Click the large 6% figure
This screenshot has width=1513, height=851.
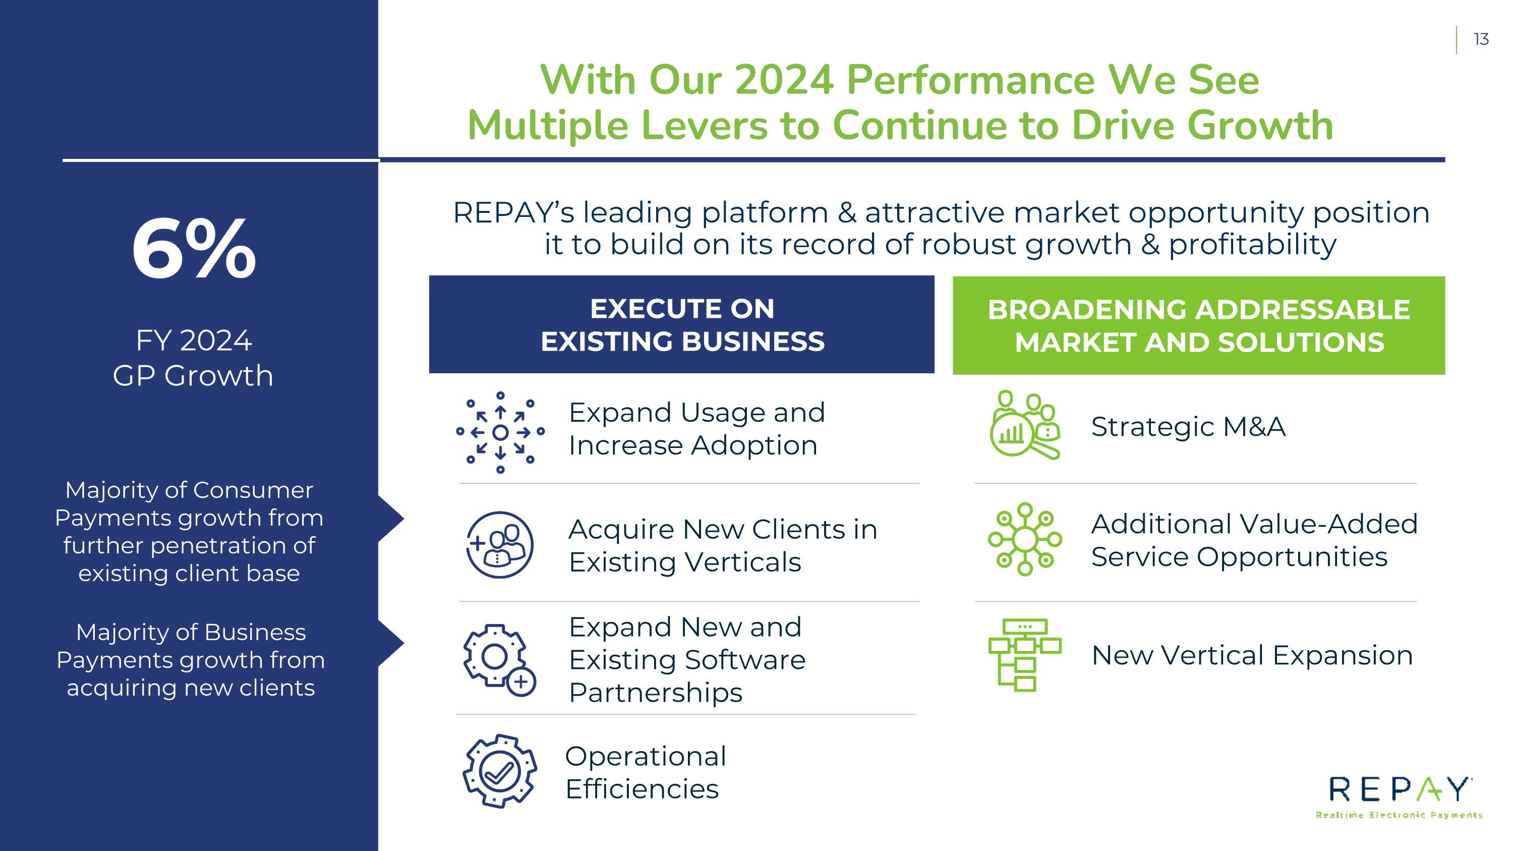pyautogui.click(x=194, y=249)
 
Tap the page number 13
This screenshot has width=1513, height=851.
pyautogui.click(x=1481, y=39)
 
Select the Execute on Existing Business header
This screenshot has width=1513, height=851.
pyautogui.click(x=681, y=324)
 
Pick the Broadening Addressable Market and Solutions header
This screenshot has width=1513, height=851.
pyautogui.click(x=1198, y=325)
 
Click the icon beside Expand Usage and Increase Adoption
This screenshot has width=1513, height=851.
pyautogui.click(x=500, y=432)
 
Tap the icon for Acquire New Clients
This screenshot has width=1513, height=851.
pyautogui.click(x=500, y=544)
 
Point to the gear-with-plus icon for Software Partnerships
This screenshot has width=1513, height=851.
pyautogui.click(x=499, y=660)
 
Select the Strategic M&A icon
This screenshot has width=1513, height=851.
pyautogui.click(x=1025, y=425)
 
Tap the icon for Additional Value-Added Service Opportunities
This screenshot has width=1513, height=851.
pyautogui.click(x=1025, y=539)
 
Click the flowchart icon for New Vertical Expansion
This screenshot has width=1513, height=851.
pyautogui.click(x=1025, y=655)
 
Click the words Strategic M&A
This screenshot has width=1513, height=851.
pyautogui.click(x=1188, y=426)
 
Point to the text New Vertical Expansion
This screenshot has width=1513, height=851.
pyautogui.click(x=1252, y=655)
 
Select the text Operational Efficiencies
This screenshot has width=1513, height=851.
pyautogui.click(x=646, y=772)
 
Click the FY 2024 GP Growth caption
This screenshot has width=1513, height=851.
pyautogui.click(x=193, y=358)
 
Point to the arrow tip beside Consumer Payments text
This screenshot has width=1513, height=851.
pyautogui.click(x=404, y=519)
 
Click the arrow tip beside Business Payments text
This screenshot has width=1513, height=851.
pyautogui.click(x=404, y=643)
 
